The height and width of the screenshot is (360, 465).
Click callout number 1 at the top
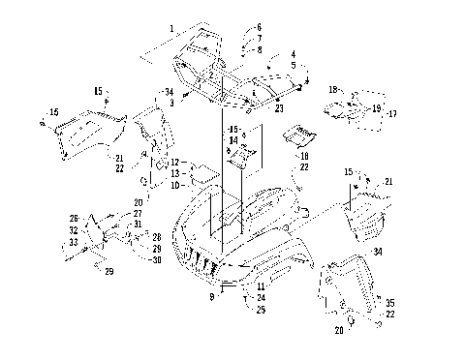(x=173, y=29)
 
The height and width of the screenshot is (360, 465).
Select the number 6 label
(x=260, y=27)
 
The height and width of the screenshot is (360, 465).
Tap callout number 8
(x=260, y=48)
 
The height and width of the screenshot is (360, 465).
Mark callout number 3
(x=170, y=103)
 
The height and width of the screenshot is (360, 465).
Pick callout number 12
(x=174, y=163)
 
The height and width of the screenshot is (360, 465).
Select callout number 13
(x=174, y=173)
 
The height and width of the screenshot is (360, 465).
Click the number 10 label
(x=174, y=184)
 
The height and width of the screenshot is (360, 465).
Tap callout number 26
(x=75, y=218)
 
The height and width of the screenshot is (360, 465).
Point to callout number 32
(x=74, y=230)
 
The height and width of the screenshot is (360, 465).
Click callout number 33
(x=74, y=242)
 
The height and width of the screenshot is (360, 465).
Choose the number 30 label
(x=156, y=259)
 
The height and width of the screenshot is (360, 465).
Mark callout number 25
(x=260, y=309)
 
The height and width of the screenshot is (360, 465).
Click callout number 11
(x=260, y=287)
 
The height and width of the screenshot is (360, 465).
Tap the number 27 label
(x=138, y=213)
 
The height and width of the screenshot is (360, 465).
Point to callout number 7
(x=260, y=38)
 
